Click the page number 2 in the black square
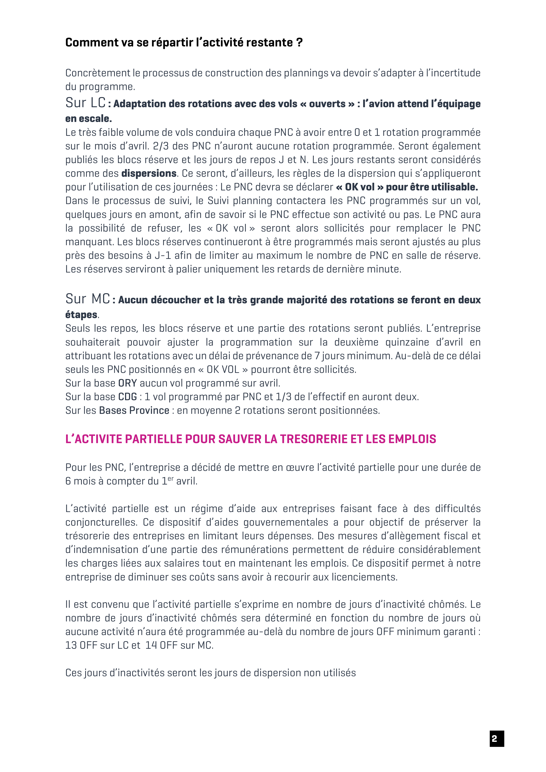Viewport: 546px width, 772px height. coord(497,739)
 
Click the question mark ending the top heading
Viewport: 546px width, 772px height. coord(300,43)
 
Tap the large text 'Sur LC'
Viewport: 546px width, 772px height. coord(85,103)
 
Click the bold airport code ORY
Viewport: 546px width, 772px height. coord(127,383)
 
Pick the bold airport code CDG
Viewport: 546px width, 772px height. coord(127,397)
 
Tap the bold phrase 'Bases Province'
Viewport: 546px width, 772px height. coord(134,411)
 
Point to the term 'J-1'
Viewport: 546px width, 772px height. coord(163,256)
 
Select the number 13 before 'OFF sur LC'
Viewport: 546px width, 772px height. coord(71,645)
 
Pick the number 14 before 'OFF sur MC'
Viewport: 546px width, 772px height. coord(151,645)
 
